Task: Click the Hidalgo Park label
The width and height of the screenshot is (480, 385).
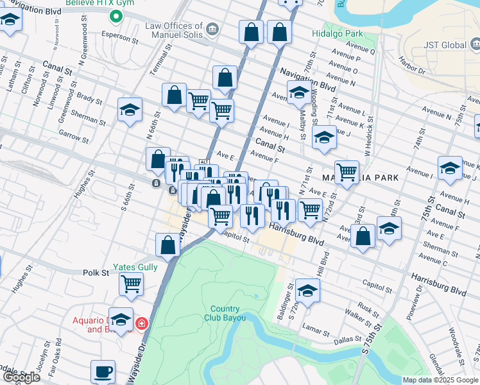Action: click(x=337, y=33)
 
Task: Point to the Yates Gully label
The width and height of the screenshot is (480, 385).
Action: click(x=135, y=266)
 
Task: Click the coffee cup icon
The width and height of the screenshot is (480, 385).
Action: click(x=103, y=371)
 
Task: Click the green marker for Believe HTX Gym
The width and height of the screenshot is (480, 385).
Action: click(x=116, y=17)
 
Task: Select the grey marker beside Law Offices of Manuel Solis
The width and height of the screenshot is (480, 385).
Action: click(x=212, y=29)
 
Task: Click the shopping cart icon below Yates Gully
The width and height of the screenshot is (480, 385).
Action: click(x=132, y=282)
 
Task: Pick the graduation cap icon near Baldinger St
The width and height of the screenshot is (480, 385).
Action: click(x=307, y=291)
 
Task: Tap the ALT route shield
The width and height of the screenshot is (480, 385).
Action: click(x=205, y=161)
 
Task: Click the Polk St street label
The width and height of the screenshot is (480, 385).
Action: click(x=96, y=273)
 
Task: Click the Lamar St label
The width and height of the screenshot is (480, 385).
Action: click(x=316, y=334)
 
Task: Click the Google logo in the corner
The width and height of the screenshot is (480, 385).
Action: click(x=21, y=377)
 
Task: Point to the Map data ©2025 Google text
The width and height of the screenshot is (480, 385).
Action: click(x=440, y=380)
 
